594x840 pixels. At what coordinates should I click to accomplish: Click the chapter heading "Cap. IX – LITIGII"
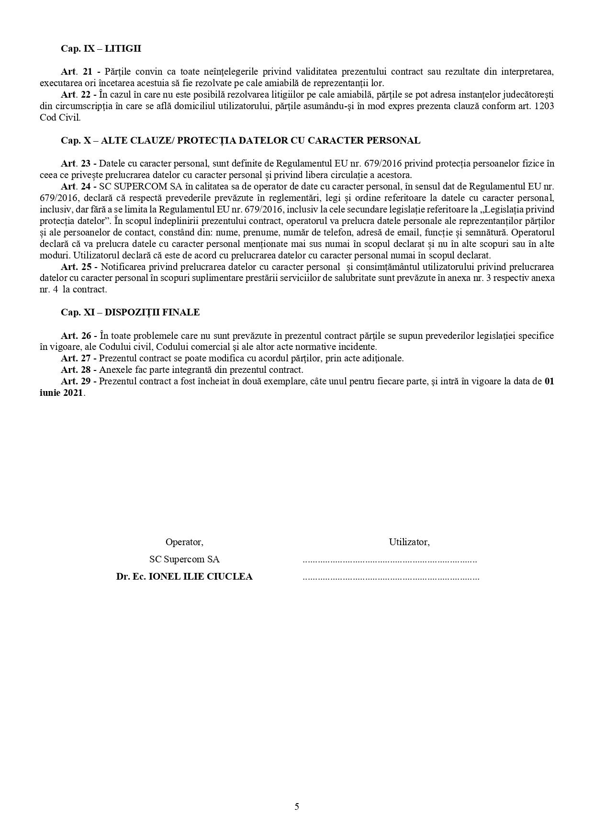101,49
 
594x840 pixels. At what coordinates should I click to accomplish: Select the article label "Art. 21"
76,72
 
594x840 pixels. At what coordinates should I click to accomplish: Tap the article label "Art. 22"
76,95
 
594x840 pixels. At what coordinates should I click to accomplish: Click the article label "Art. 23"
76,164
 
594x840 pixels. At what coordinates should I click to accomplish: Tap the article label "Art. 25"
76,267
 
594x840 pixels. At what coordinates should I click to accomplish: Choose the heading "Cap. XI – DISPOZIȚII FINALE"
130,313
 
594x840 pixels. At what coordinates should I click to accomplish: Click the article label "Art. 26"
76,336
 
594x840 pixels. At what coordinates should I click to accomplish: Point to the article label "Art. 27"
76,358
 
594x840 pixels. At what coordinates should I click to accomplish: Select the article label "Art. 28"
76,370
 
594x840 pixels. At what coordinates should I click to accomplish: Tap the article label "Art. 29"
76,381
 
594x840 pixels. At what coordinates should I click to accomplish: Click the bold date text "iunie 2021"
62,393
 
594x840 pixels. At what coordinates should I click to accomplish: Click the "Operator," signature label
184,542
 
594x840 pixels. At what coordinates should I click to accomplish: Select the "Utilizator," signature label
409,542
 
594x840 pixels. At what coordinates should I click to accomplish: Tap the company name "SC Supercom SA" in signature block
184,560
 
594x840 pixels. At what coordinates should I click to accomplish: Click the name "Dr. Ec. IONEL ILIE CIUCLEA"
184,577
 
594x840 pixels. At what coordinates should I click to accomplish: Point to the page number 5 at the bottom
297,806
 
